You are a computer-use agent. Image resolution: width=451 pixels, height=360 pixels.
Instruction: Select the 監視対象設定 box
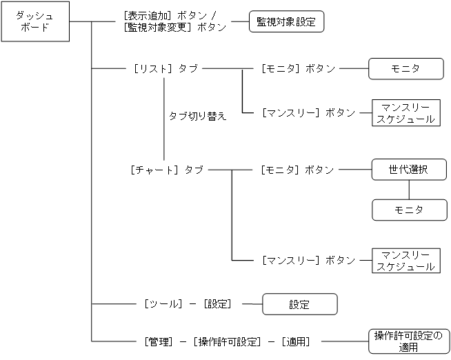285,21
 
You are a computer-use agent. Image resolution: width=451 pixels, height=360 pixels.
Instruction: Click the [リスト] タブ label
164,68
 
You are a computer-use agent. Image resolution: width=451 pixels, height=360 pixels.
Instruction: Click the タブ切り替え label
198,116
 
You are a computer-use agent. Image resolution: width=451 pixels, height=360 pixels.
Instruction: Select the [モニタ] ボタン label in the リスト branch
299,68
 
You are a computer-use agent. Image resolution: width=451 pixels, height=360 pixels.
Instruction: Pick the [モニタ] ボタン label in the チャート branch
298,170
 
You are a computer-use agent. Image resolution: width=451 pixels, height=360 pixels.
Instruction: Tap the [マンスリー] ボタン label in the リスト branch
308,112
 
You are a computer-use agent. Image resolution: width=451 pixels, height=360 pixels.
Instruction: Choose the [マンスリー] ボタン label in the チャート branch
308,261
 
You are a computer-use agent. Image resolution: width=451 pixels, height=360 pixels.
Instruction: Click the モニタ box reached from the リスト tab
405,68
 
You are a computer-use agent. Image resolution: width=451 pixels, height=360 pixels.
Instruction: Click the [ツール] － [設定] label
188,303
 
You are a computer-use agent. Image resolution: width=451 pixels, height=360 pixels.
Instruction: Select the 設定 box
299,304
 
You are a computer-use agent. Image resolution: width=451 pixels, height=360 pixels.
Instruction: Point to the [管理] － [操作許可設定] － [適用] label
227,341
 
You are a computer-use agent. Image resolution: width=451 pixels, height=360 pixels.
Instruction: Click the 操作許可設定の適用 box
408,341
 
